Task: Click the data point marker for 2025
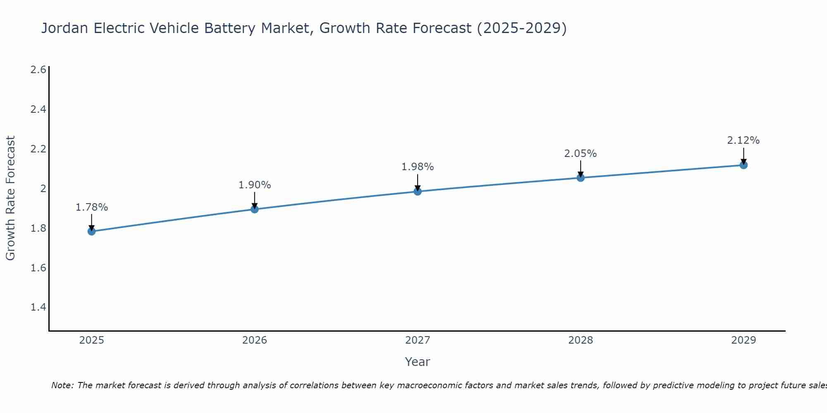(91, 231)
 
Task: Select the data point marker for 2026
(255, 209)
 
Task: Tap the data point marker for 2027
(418, 191)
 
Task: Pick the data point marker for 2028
(581, 178)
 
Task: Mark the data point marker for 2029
(743, 165)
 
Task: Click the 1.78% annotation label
(91, 207)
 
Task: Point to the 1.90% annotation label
(255, 185)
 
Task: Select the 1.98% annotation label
(418, 167)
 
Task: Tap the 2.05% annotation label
(581, 154)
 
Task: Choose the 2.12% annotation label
(743, 140)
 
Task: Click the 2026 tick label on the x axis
(255, 340)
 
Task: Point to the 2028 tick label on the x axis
(581, 340)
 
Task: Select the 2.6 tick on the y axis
(38, 69)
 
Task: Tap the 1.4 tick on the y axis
(38, 307)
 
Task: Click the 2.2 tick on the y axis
(38, 149)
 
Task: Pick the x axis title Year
(418, 362)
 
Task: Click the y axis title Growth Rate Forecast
(10, 198)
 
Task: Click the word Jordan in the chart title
(65, 28)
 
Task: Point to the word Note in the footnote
(62, 385)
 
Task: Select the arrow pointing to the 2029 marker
(743, 156)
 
